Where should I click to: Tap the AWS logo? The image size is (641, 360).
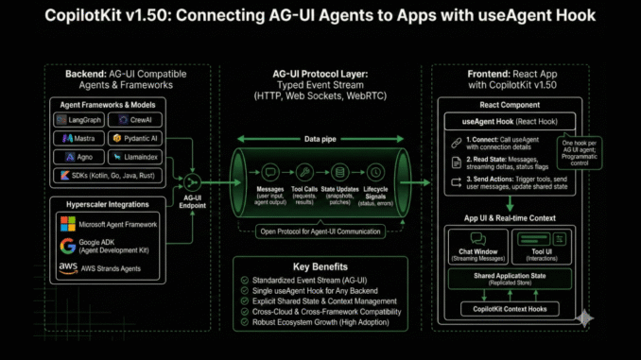click(68, 268)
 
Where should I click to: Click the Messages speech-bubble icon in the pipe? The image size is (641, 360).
click(272, 172)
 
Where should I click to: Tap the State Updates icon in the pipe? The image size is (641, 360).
click(341, 172)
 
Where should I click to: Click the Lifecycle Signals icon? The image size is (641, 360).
click(376, 172)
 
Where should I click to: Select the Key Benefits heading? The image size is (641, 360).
click(320, 266)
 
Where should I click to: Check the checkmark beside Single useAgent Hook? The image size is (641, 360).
click(246, 293)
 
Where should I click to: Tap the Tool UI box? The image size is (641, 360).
click(542, 248)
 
